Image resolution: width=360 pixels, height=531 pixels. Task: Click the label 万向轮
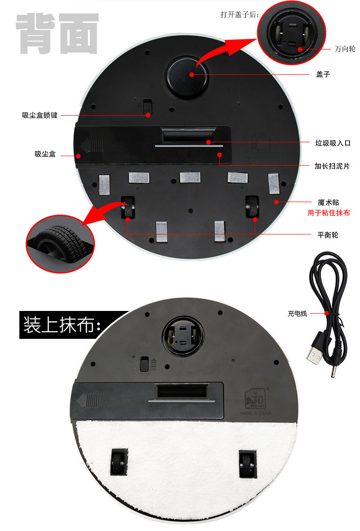(x=345, y=49)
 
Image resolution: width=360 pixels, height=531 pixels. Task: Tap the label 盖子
(x=323, y=74)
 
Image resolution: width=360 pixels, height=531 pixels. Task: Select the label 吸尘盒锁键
(x=40, y=115)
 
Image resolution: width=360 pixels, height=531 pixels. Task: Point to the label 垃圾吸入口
(x=333, y=143)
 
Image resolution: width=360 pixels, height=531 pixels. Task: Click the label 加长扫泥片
(x=332, y=166)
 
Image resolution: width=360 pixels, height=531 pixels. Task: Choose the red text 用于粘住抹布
(x=328, y=213)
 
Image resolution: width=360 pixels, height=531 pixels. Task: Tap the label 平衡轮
(x=328, y=235)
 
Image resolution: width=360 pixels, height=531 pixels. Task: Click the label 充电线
(x=297, y=314)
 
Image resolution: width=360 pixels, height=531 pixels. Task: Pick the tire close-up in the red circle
(x=60, y=244)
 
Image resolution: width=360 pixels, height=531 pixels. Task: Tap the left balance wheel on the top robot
(x=128, y=207)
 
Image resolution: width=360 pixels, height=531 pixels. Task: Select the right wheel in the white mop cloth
(x=247, y=463)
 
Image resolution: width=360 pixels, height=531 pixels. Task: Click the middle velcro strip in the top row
(x=189, y=177)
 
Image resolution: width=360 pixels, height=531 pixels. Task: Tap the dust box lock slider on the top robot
(x=147, y=107)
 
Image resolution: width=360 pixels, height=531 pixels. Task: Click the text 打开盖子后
(x=240, y=14)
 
